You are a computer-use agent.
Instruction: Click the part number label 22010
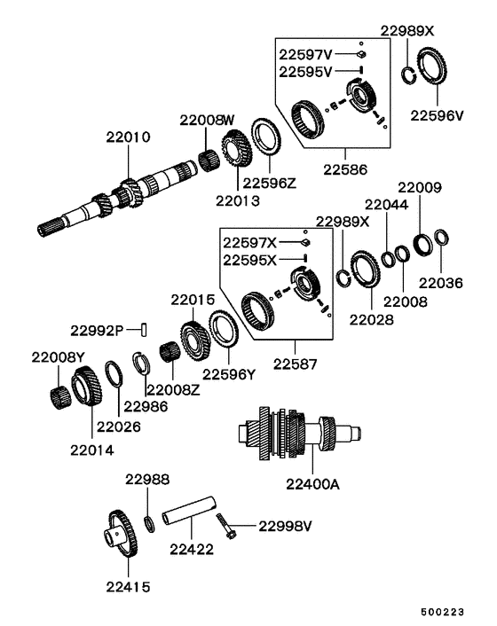tap(127, 138)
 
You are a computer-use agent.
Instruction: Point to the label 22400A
tap(312, 484)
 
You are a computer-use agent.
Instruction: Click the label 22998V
tap(287, 525)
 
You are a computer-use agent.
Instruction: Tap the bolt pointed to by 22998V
tap(222, 530)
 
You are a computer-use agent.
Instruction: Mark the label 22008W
tap(207, 120)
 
